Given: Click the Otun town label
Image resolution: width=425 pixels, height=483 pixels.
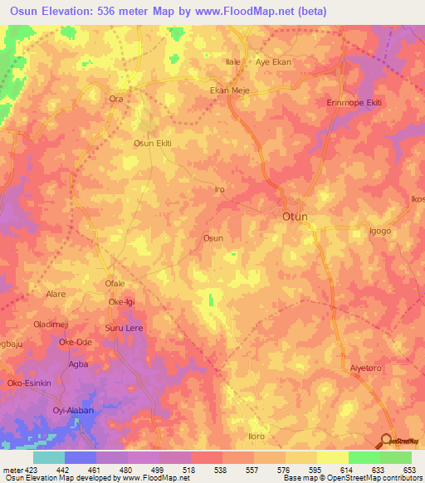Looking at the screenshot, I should (291, 217).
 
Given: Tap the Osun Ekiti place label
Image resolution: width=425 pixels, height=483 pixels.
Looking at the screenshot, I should (153, 144).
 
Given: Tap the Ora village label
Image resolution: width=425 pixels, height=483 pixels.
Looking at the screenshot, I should (116, 99).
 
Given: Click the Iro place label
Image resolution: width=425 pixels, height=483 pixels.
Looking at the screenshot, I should (220, 190).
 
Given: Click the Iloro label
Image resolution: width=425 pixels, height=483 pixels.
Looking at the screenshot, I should (256, 437).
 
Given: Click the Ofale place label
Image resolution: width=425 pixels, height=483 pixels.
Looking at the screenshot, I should (115, 285).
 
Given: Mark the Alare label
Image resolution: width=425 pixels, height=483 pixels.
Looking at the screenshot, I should (56, 294).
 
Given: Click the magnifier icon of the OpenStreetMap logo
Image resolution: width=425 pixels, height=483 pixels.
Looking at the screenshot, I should (388, 440).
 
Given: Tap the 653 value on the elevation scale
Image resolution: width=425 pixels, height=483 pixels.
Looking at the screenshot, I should (408, 470).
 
